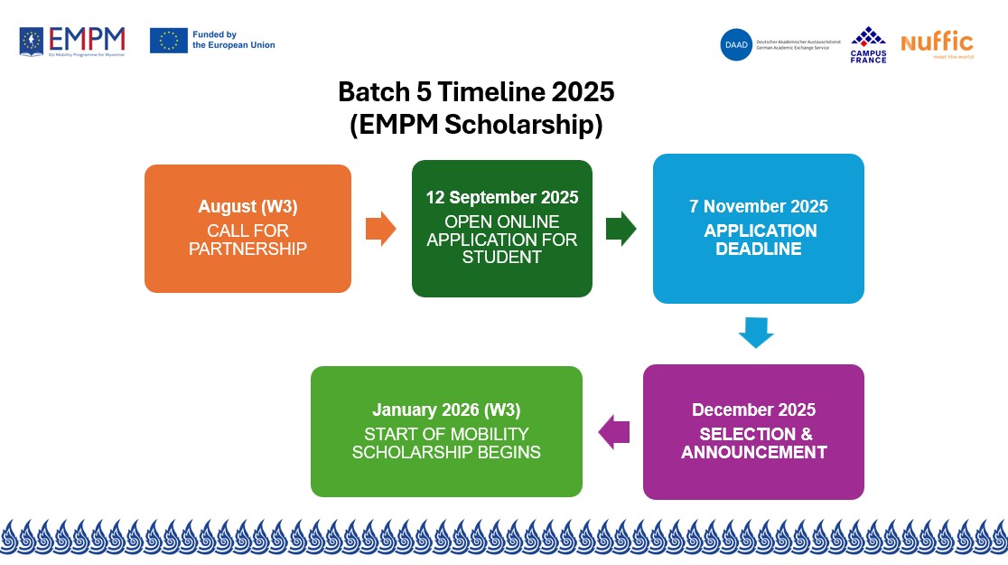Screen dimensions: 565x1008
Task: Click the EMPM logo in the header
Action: click(x=72, y=41)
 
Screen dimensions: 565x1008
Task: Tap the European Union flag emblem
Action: click(x=169, y=40)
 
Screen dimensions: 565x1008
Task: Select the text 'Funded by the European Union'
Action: click(x=233, y=40)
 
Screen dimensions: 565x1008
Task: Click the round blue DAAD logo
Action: click(x=736, y=44)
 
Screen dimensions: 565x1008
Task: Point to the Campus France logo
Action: click(x=868, y=44)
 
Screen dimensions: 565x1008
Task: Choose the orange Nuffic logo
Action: click(x=937, y=44)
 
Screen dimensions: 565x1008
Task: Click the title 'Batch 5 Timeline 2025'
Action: click(x=476, y=92)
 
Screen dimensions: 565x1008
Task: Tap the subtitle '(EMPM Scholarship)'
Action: click(x=476, y=125)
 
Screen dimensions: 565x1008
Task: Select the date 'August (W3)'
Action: click(x=247, y=207)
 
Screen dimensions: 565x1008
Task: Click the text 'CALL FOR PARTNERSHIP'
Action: click(x=247, y=240)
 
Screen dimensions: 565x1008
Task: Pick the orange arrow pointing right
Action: click(x=380, y=229)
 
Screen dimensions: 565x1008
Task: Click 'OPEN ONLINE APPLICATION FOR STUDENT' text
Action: click(x=502, y=240)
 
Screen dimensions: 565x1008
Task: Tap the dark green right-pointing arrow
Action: click(x=621, y=229)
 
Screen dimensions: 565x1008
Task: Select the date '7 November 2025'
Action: click(x=759, y=207)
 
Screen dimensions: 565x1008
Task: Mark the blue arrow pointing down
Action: click(x=756, y=333)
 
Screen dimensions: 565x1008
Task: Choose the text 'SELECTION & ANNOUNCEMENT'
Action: click(x=754, y=443)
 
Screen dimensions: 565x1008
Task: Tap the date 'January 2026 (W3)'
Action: click(x=446, y=410)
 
